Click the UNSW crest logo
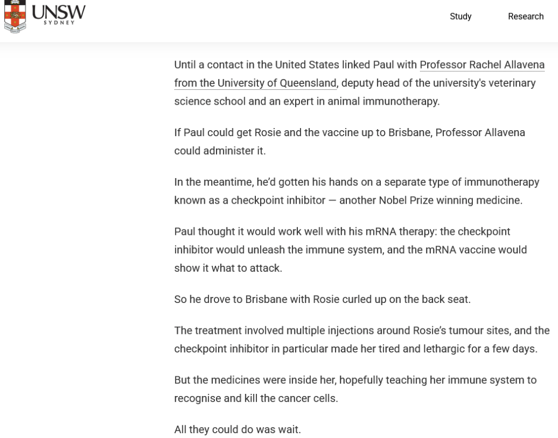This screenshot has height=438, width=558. pyautogui.click(x=15, y=16)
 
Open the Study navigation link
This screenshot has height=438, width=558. pyautogui.click(x=460, y=16)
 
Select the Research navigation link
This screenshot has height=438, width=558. pyautogui.click(x=525, y=16)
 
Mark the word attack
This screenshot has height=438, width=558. pyautogui.click(x=266, y=268)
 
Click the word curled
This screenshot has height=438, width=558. pyautogui.click(x=357, y=299)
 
